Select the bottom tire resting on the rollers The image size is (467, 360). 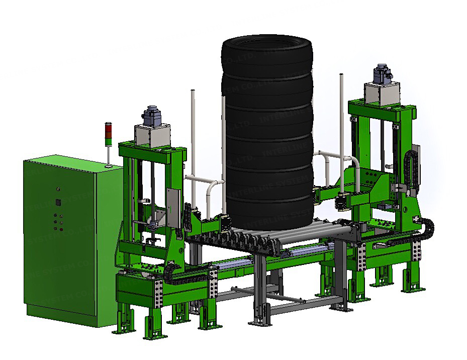coord(266,212)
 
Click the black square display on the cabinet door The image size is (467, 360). coord(57,203)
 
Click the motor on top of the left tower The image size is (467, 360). coord(151,116)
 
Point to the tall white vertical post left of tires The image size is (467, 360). coord(193,131)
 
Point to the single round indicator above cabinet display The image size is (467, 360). coord(58,190)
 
